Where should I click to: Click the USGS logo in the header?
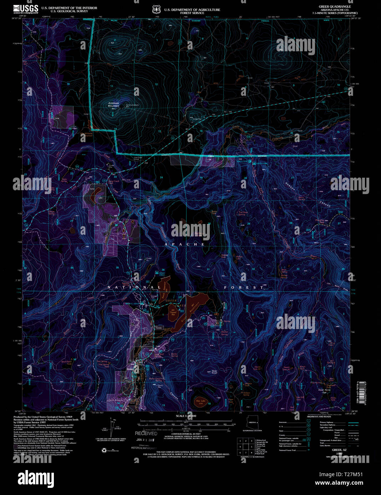coord(26,9)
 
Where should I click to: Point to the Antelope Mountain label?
coord(113,104)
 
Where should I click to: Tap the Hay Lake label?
coord(201,401)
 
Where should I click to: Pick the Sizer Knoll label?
coord(214,372)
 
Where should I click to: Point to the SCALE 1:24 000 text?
coord(186,416)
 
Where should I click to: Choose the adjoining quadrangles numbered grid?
coord(246,447)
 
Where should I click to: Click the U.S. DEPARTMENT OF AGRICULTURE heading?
coord(192,10)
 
